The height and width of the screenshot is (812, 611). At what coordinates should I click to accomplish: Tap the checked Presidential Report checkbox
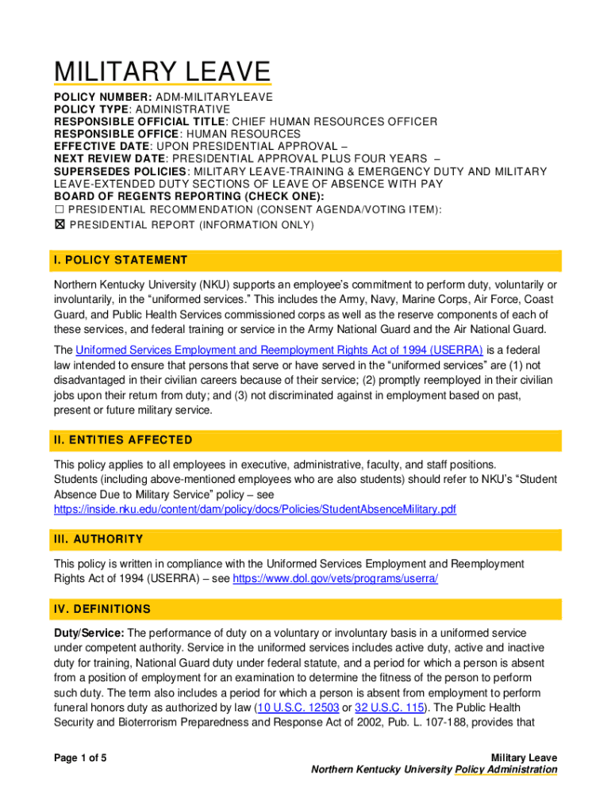pyautogui.click(x=59, y=225)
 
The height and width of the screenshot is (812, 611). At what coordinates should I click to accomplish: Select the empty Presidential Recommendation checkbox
pyautogui.click(x=59, y=209)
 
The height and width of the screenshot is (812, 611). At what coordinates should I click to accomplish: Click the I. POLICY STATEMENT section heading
pyautogui.click(x=121, y=260)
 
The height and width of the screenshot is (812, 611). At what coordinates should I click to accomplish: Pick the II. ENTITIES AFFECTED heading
pyautogui.click(x=123, y=439)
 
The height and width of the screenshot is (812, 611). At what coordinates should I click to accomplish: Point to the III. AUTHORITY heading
pyautogui.click(x=98, y=539)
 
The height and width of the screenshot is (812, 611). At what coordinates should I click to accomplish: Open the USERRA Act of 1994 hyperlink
pyautogui.click(x=279, y=350)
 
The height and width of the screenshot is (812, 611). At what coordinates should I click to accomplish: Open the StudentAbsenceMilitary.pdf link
pyautogui.click(x=255, y=509)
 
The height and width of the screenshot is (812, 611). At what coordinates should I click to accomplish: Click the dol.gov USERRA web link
pyautogui.click(x=335, y=579)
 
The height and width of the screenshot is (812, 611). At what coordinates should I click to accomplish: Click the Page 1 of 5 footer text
pyautogui.click(x=80, y=758)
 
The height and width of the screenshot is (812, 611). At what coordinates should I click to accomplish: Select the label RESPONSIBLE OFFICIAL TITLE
pyautogui.click(x=140, y=121)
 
